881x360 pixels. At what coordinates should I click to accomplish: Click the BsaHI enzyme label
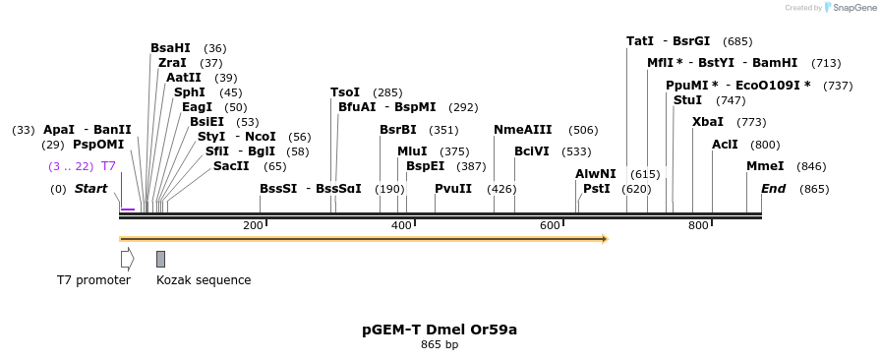170,48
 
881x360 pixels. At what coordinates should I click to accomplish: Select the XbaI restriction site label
707,122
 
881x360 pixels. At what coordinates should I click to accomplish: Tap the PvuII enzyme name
453,189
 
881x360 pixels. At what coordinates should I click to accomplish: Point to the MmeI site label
765,166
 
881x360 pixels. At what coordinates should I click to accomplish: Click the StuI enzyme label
687,100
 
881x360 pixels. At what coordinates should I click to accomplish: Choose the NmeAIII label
523,130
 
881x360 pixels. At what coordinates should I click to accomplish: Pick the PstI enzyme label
596,189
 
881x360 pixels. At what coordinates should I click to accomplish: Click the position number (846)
811,166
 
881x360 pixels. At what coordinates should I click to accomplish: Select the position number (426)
501,189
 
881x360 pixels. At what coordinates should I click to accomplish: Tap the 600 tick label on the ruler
551,226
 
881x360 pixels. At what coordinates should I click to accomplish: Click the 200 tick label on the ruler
253,226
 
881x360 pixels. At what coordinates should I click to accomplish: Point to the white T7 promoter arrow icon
127,259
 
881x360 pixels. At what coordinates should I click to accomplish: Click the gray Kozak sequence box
160,259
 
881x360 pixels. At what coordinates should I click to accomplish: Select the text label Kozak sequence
204,280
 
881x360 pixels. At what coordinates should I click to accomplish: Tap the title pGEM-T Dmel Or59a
440,330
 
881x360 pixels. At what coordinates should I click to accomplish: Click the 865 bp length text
440,345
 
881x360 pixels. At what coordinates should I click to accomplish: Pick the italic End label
773,189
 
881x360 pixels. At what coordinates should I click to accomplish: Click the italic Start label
90,189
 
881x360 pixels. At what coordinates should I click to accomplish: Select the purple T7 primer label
108,166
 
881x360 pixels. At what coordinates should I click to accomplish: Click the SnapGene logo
848,7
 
